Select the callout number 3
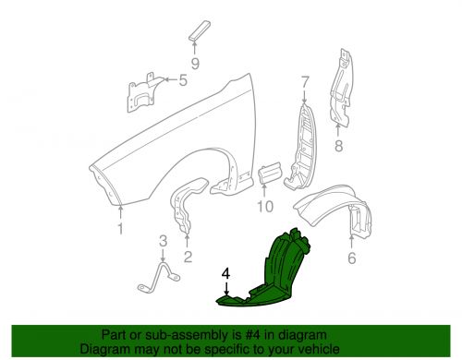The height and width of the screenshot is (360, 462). click(x=163, y=242)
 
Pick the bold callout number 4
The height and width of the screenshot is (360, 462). click(x=225, y=274)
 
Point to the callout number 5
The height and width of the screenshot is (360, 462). click(x=182, y=80)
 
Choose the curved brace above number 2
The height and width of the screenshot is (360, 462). click(x=182, y=212)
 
